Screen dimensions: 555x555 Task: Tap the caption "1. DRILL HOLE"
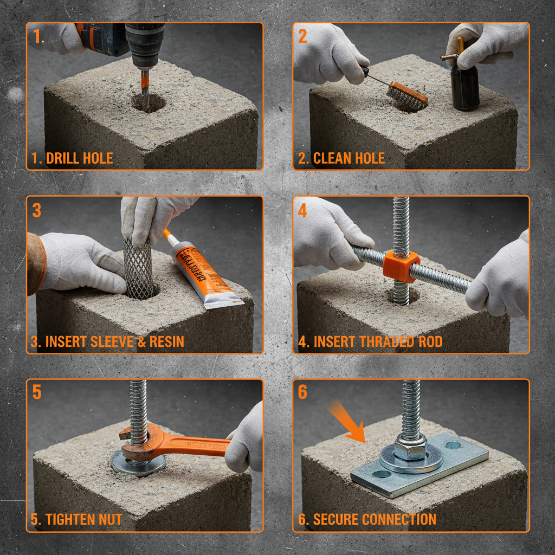coord(72,158)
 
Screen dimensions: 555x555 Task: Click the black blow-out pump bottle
coord(465,87)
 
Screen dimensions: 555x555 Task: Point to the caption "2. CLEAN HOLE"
coord(341,158)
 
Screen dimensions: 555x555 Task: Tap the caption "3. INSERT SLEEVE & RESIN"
coord(107,341)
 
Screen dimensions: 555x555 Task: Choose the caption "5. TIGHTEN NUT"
coord(76,519)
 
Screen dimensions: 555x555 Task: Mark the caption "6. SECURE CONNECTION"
coord(367,519)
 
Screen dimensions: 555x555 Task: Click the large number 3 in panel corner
coord(36,210)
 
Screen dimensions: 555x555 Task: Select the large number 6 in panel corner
coord(302,392)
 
